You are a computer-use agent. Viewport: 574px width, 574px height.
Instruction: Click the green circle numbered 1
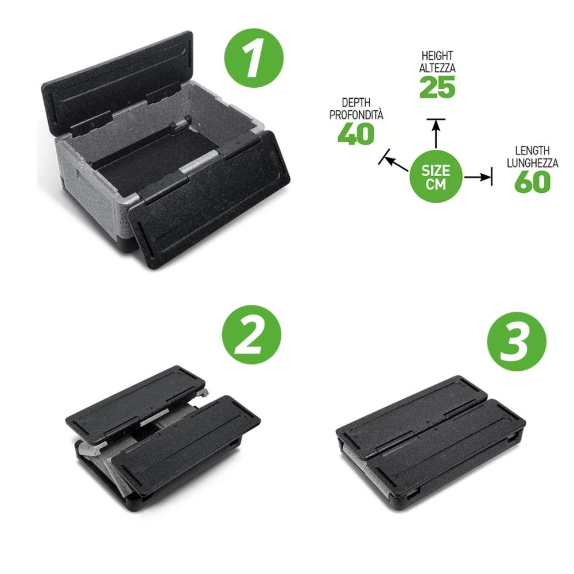(254, 58)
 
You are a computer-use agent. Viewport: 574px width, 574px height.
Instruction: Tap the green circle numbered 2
(251, 335)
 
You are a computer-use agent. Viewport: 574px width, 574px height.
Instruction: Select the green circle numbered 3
(517, 342)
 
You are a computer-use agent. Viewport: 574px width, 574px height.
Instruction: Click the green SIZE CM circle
(436, 177)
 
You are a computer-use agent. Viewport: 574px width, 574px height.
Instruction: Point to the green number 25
(437, 87)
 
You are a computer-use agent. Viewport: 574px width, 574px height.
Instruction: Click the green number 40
(356, 133)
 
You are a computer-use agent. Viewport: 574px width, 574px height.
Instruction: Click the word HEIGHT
(437, 56)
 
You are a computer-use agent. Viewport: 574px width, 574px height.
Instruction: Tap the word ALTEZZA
(437, 68)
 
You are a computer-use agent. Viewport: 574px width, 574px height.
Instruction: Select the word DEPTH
(356, 102)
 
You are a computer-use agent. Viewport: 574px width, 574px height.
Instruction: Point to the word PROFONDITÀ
(356, 115)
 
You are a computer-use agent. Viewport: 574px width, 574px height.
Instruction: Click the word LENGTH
(532, 150)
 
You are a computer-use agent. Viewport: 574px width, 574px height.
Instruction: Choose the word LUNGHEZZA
(533, 163)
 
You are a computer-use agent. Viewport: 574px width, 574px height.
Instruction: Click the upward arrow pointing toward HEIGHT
(436, 134)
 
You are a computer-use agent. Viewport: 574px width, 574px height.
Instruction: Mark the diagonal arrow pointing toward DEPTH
(394, 162)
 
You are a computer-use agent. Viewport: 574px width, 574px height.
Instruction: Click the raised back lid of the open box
(117, 82)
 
